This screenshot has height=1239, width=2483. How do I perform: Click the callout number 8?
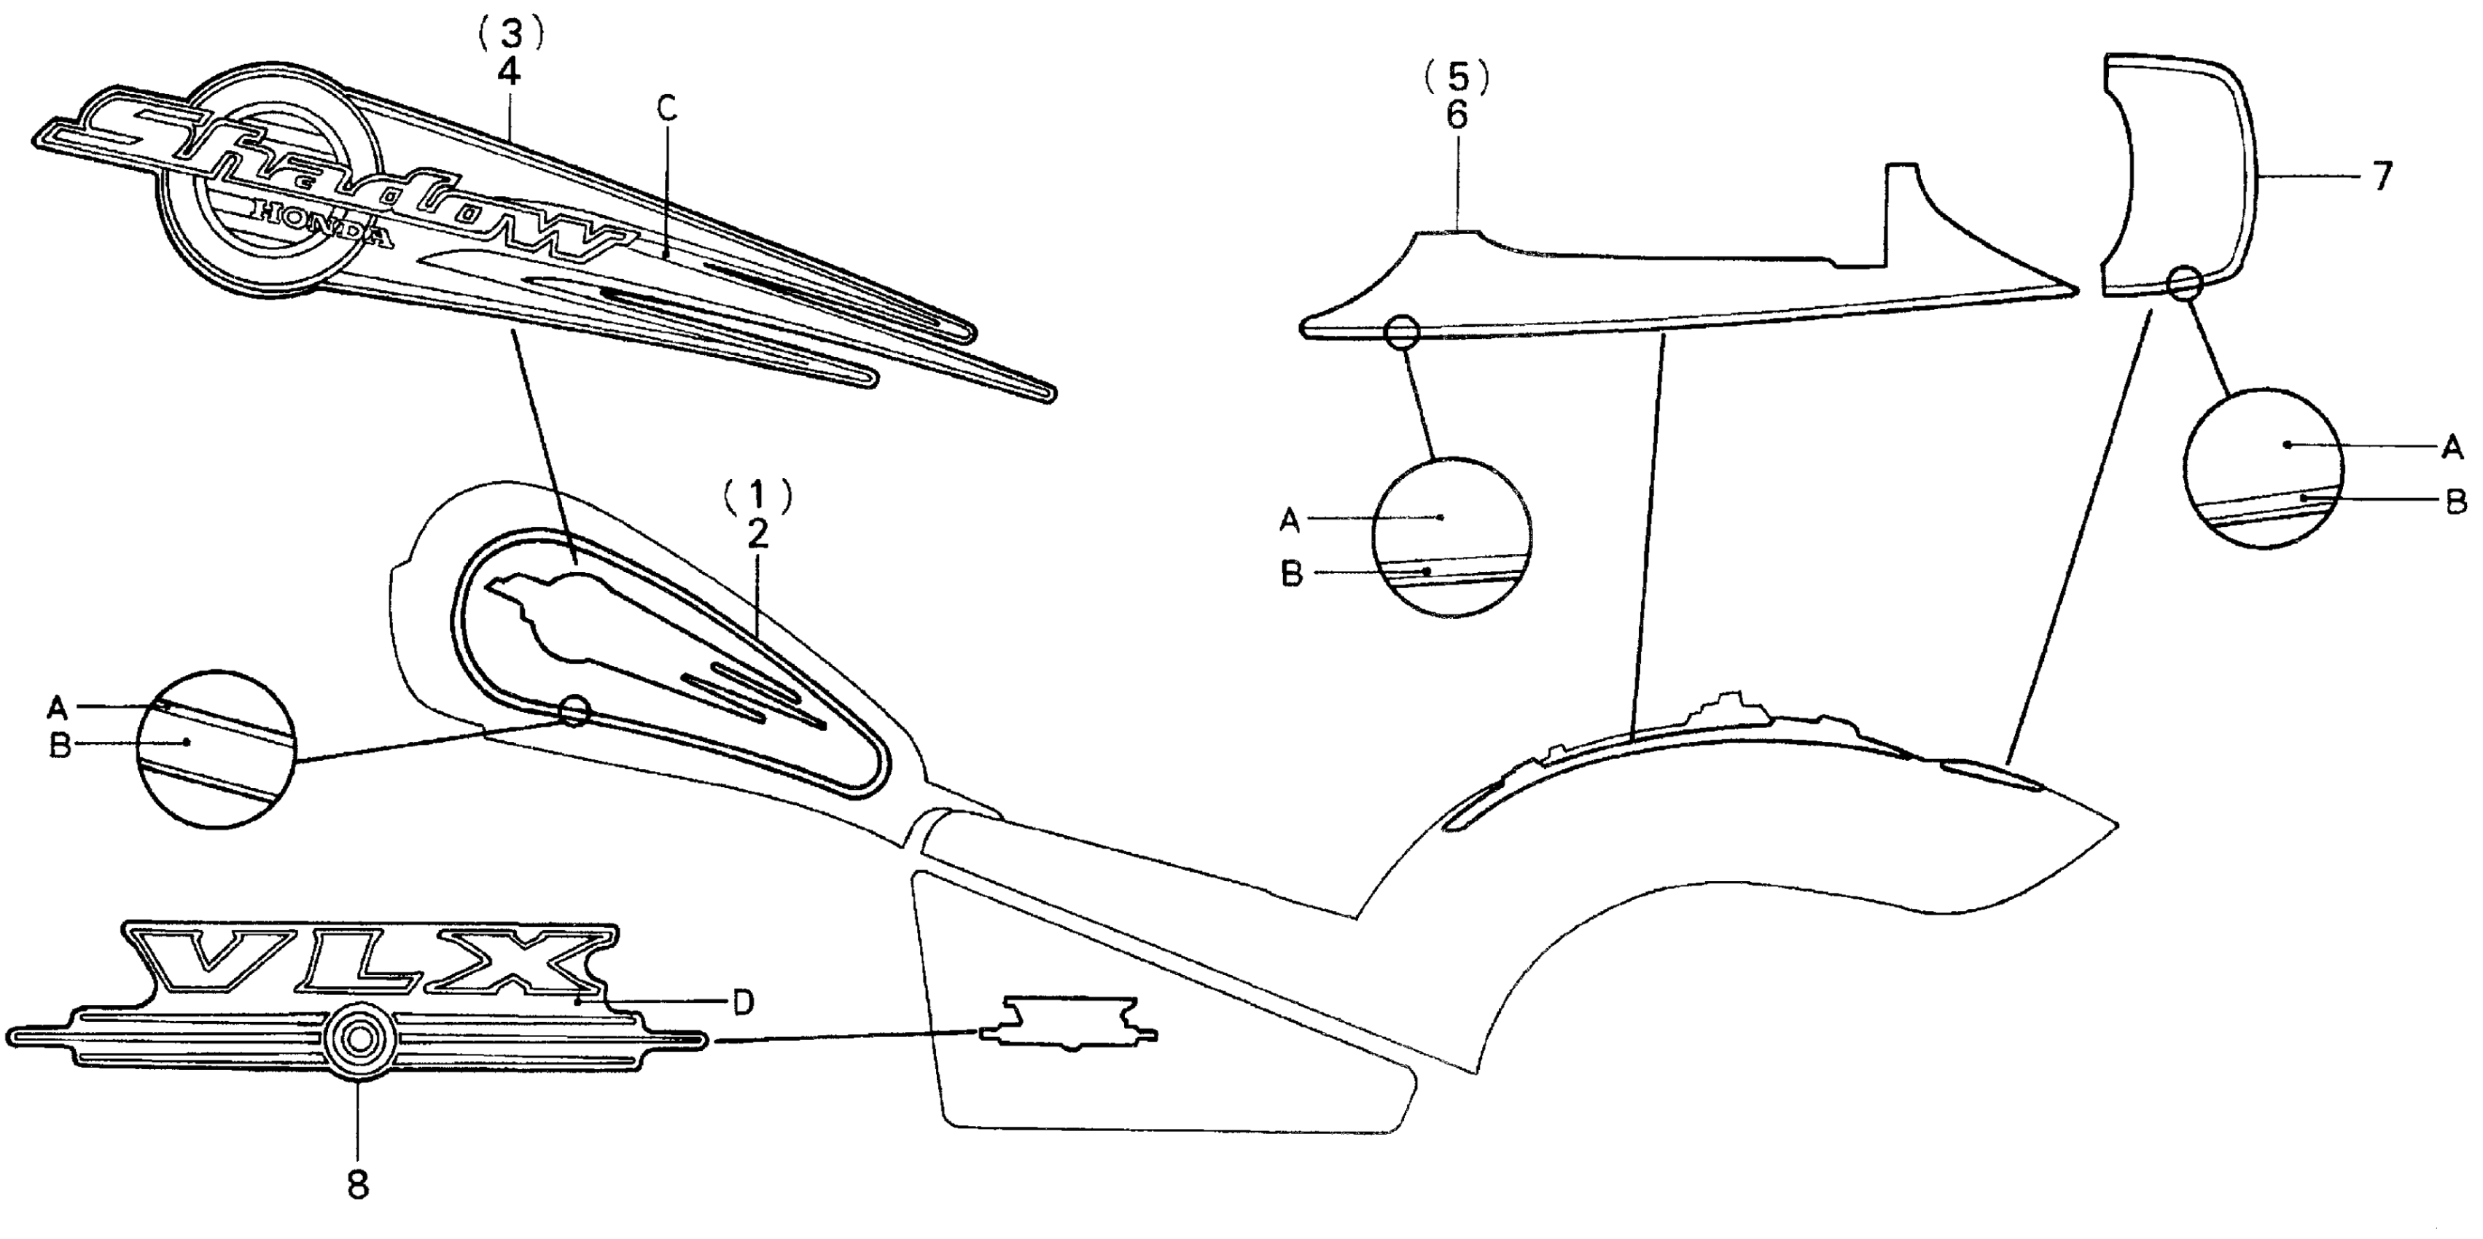[x=358, y=1184]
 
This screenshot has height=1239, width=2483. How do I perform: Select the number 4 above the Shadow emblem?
[x=508, y=73]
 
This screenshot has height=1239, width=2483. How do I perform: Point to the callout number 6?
[x=1457, y=116]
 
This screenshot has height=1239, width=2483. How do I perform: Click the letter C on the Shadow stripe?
[x=667, y=109]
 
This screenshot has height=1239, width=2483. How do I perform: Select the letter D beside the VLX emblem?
[x=742, y=1002]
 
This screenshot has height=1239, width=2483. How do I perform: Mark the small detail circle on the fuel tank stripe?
[x=574, y=712]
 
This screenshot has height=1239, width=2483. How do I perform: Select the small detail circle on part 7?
[x=2184, y=284]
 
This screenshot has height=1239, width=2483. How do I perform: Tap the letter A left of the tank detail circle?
[x=58, y=708]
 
